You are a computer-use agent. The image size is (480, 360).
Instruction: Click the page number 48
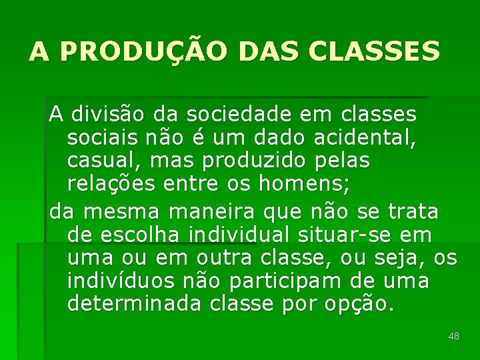454,337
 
